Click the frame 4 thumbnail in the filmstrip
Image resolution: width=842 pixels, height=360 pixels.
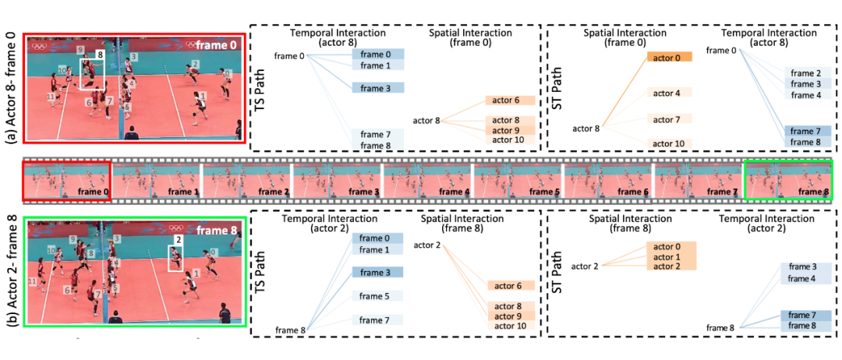(x=427, y=180)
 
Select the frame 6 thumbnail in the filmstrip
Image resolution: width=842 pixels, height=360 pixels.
(x=608, y=180)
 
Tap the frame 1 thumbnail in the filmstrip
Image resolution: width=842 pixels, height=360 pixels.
(x=156, y=180)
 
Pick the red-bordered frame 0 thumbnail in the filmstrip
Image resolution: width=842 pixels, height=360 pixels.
(x=67, y=180)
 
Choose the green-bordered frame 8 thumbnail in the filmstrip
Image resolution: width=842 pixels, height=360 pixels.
(x=788, y=180)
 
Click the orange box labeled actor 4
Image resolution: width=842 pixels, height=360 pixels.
(x=667, y=94)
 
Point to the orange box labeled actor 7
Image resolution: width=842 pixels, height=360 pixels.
(x=667, y=119)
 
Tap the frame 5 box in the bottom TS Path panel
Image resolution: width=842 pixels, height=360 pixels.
(x=377, y=296)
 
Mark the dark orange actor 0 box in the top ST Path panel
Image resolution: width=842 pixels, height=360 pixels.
(x=667, y=58)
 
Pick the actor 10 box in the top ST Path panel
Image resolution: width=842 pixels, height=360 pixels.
(x=667, y=144)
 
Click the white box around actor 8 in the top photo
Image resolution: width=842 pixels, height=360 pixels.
(x=92, y=76)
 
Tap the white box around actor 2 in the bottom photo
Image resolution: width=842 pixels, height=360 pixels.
(x=179, y=259)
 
